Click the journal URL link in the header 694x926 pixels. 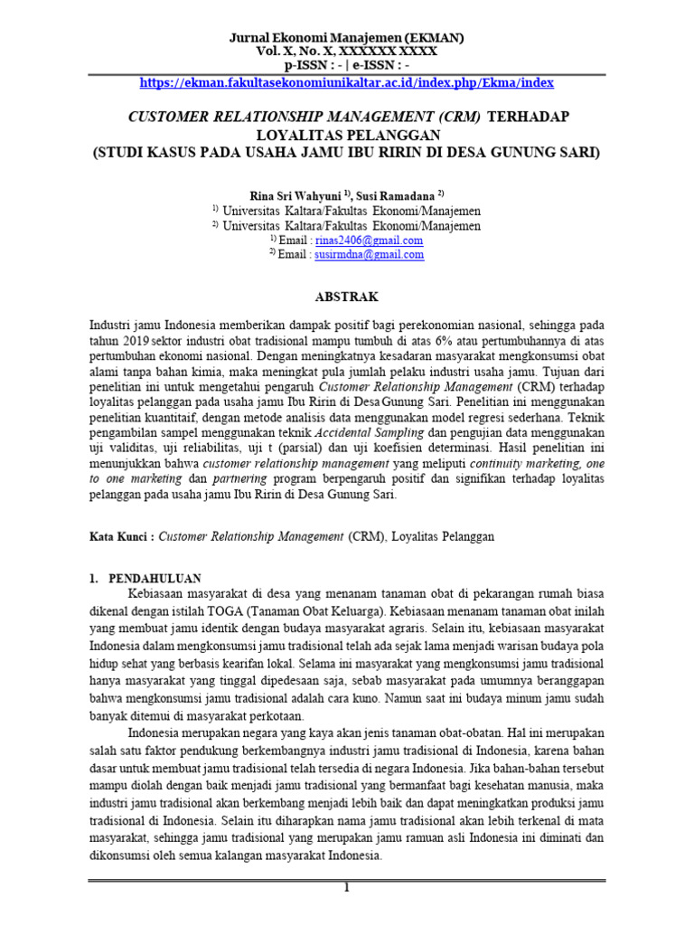click(x=346, y=82)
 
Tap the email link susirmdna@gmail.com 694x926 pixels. click(x=369, y=255)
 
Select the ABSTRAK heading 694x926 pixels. click(x=346, y=297)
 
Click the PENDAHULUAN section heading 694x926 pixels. click(x=155, y=578)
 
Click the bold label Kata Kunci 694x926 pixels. click(x=121, y=536)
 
